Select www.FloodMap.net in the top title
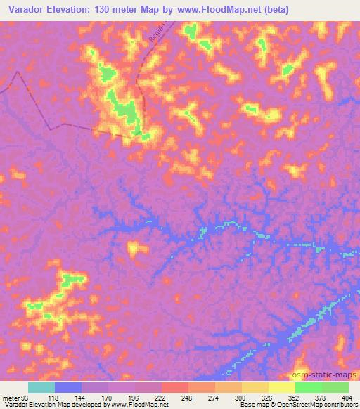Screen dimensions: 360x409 coord(228,10)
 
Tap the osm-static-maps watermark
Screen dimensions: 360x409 coord(323,373)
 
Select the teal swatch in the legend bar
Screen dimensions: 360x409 coord(41,388)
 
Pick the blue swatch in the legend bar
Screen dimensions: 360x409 coord(68,388)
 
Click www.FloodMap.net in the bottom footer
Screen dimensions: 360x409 coord(139,404)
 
